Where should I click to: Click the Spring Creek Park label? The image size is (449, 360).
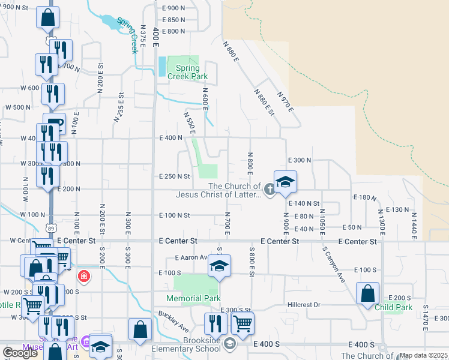(x=183, y=72)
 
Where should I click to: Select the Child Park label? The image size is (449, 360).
(x=394, y=307)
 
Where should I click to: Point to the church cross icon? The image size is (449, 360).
(x=270, y=190)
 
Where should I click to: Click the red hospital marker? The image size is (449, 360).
(x=84, y=277)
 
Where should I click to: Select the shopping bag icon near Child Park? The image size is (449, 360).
(x=367, y=294)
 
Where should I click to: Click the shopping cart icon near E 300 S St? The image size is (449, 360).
(x=243, y=323)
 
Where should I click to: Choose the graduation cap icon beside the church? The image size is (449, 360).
(x=285, y=181)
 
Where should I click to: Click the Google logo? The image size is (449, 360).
(x=20, y=353)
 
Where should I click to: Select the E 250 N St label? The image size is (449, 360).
(x=174, y=176)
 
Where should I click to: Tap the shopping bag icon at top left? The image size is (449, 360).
(x=47, y=18)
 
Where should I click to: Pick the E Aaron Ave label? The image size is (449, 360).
(x=190, y=257)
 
